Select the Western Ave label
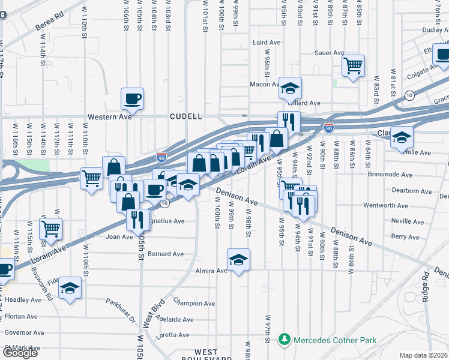point(109,116)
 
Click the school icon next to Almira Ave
point(238,260)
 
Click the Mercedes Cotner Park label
point(335,340)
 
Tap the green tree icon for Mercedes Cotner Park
point(285,340)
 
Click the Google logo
point(20,353)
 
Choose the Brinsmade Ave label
point(390,175)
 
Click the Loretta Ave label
point(173,335)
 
